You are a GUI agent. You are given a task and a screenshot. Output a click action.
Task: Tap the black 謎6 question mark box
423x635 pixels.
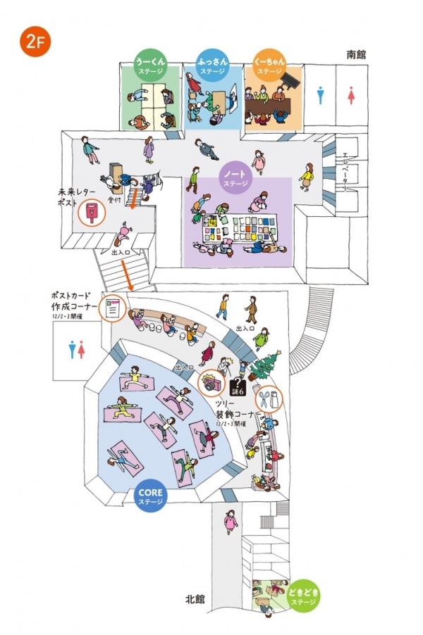[x=238, y=386]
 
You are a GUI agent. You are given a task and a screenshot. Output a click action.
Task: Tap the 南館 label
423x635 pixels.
[x=356, y=54]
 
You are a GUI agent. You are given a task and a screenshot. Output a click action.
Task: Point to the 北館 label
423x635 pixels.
[x=195, y=599]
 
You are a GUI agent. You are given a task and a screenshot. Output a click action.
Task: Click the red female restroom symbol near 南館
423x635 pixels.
[x=351, y=96]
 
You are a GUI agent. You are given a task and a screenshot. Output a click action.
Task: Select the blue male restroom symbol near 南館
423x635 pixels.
[x=321, y=96]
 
